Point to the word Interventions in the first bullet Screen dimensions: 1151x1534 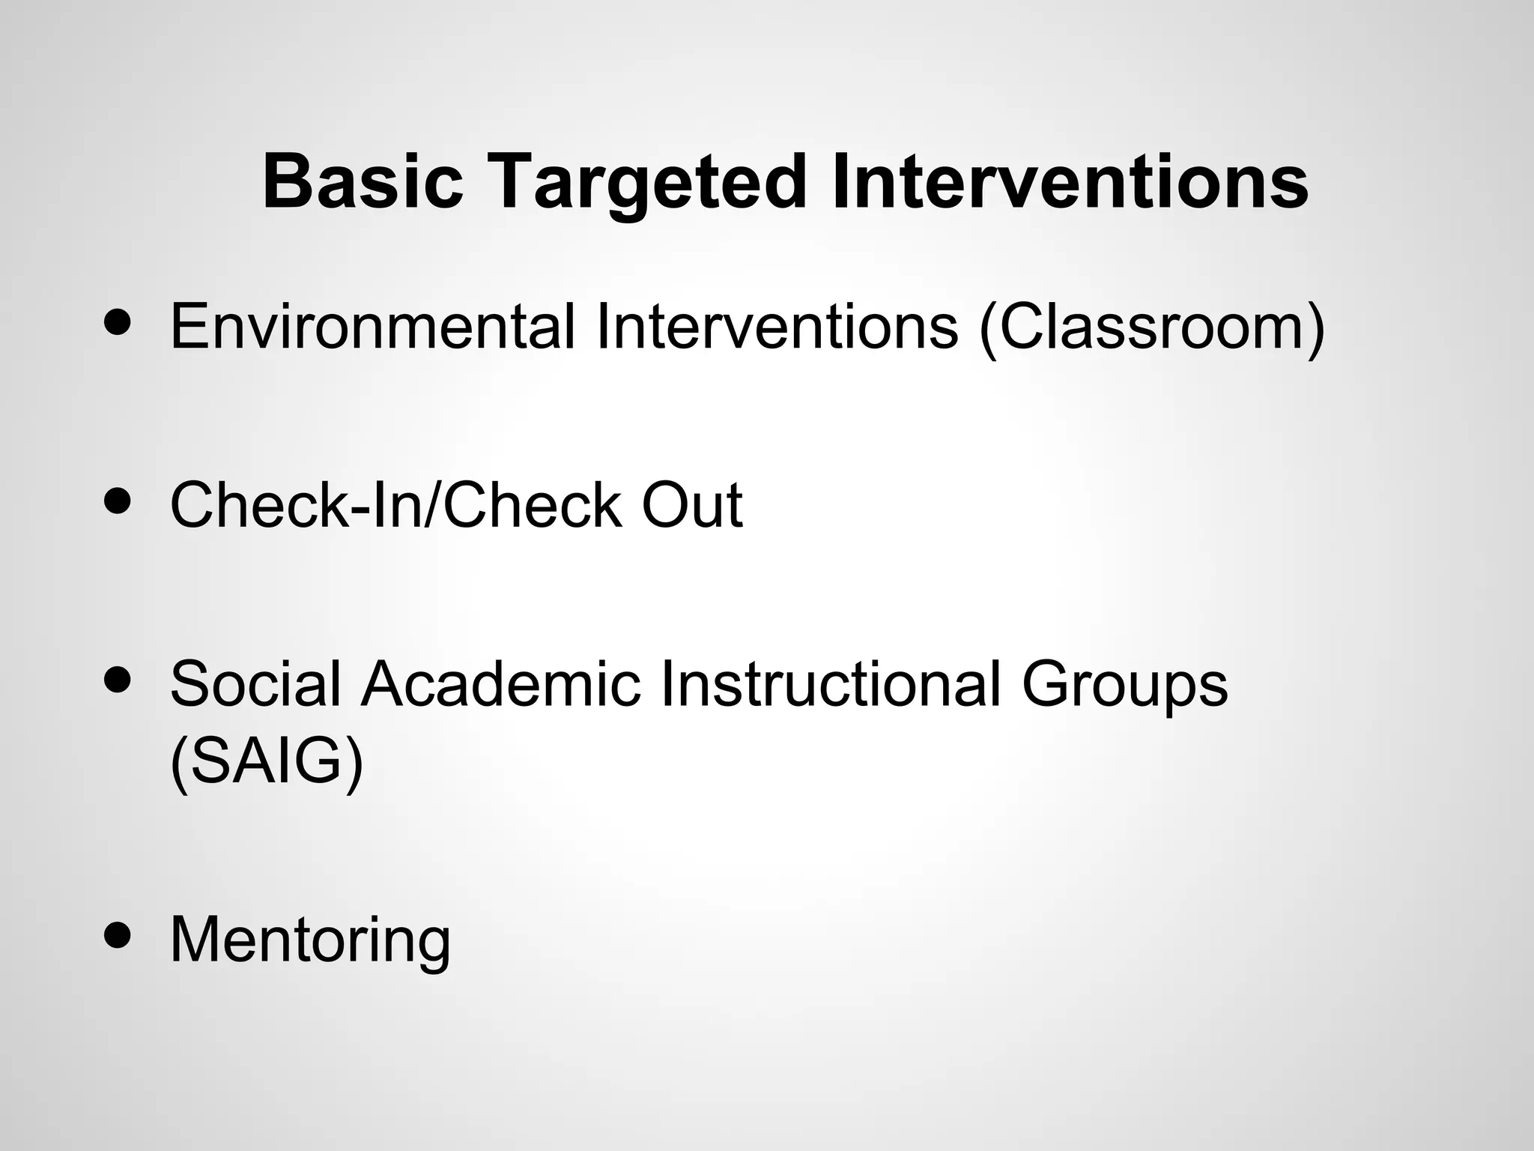point(777,327)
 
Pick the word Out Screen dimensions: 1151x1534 point(692,505)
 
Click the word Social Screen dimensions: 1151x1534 point(255,683)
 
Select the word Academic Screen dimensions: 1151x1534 point(500,683)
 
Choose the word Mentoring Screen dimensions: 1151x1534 point(310,940)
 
